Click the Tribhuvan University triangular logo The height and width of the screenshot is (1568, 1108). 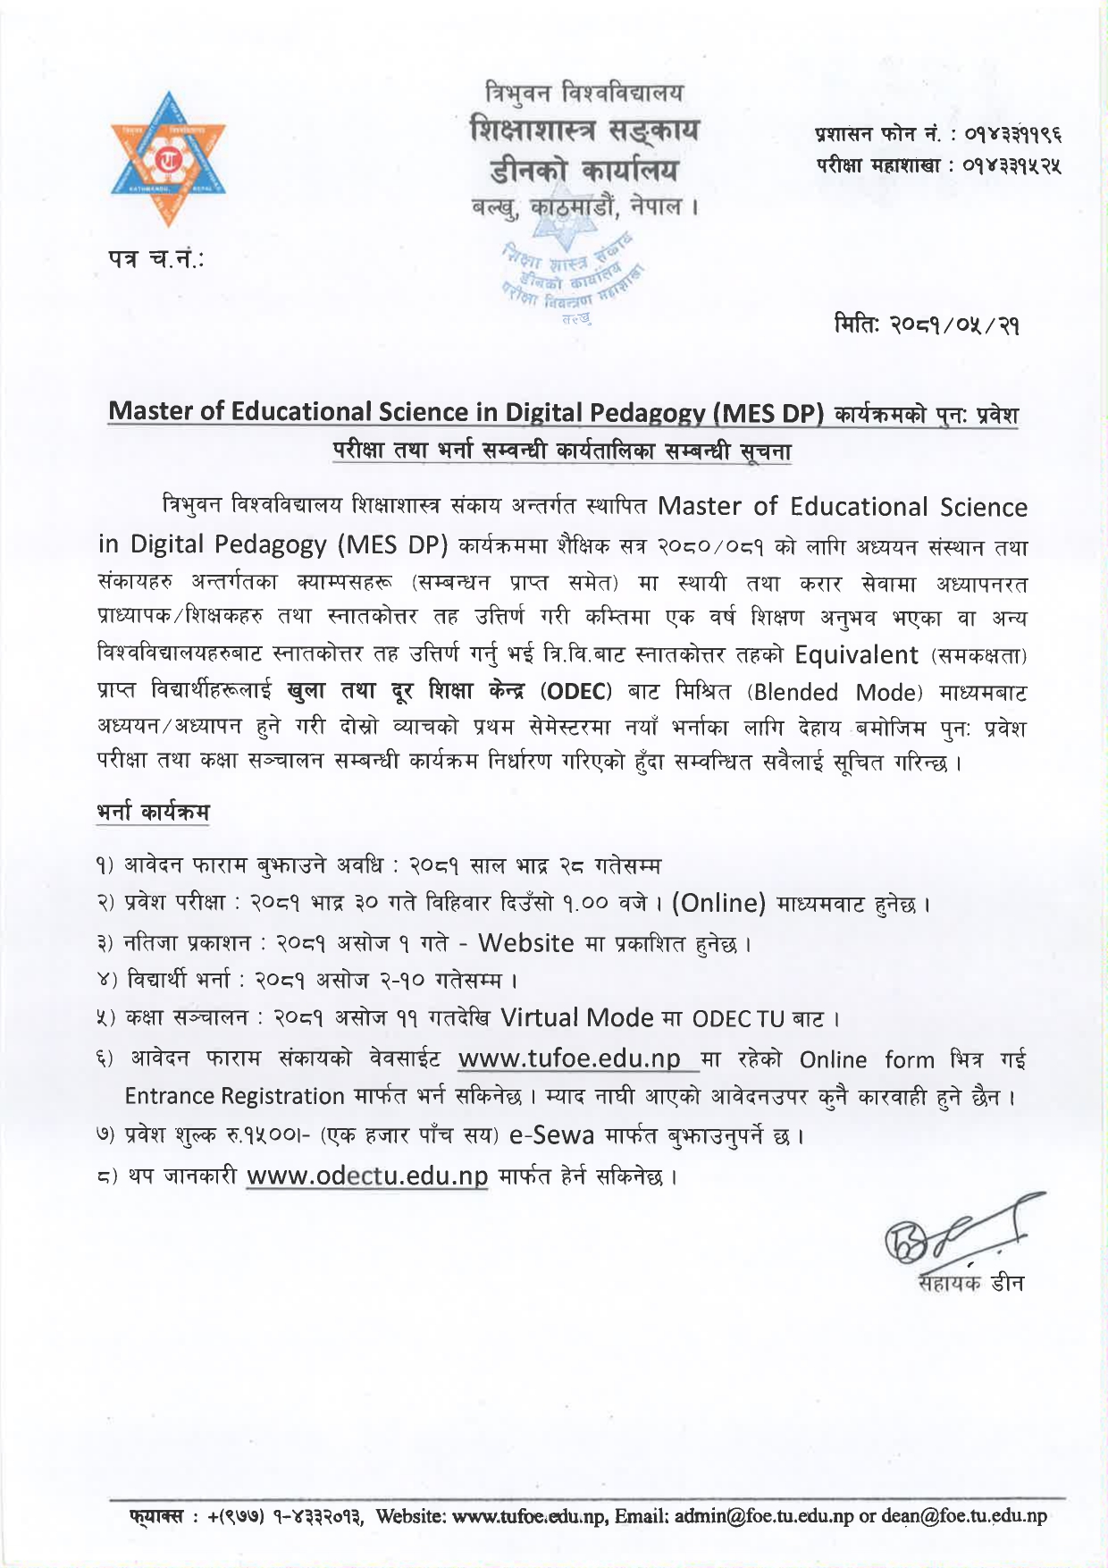tap(168, 159)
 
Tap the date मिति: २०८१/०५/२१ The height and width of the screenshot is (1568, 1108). tap(926, 324)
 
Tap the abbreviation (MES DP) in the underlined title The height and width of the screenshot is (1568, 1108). tap(768, 412)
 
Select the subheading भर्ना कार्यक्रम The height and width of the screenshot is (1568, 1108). tap(153, 813)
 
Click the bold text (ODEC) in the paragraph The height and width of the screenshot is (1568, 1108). tap(576, 693)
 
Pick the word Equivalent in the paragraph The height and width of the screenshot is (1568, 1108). tap(856, 655)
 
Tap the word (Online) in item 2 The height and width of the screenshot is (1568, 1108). tap(719, 904)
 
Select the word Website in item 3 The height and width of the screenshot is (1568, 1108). tap(525, 943)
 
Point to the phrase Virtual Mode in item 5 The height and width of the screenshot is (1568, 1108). tap(577, 1018)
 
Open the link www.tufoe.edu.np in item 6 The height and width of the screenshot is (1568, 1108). tap(569, 1059)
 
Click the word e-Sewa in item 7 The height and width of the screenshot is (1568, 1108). tap(551, 1135)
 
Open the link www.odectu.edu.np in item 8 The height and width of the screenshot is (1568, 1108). tap(367, 1176)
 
